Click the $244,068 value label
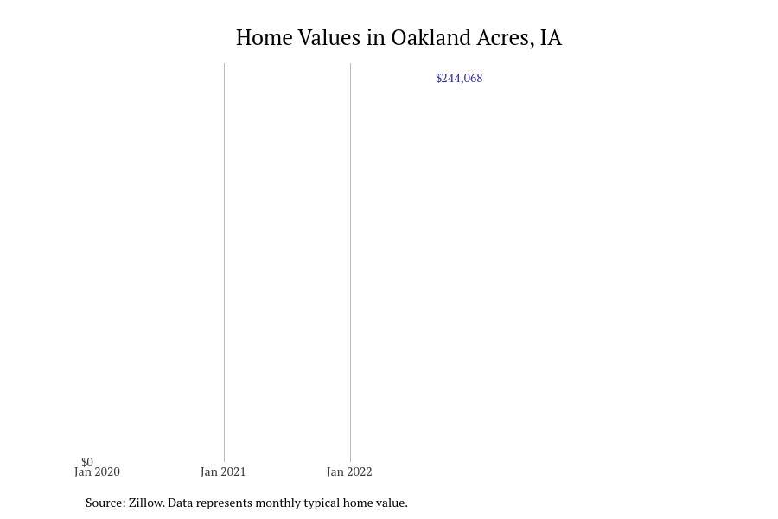click(x=459, y=79)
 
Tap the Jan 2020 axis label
click(x=97, y=471)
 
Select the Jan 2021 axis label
click(x=223, y=471)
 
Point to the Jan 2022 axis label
click(x=349, y=471)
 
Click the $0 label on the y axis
click(x=87, y=462)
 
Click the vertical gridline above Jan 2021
click(x=224, y=262)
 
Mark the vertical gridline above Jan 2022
click(x=350, y=262)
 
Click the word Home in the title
click(x=264, y=38)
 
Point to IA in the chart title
click(x=551, y=38)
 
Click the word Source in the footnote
click(x=105, y=503)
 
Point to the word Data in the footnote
click(x=180, y=503)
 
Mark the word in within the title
click(x=376, y=38)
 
